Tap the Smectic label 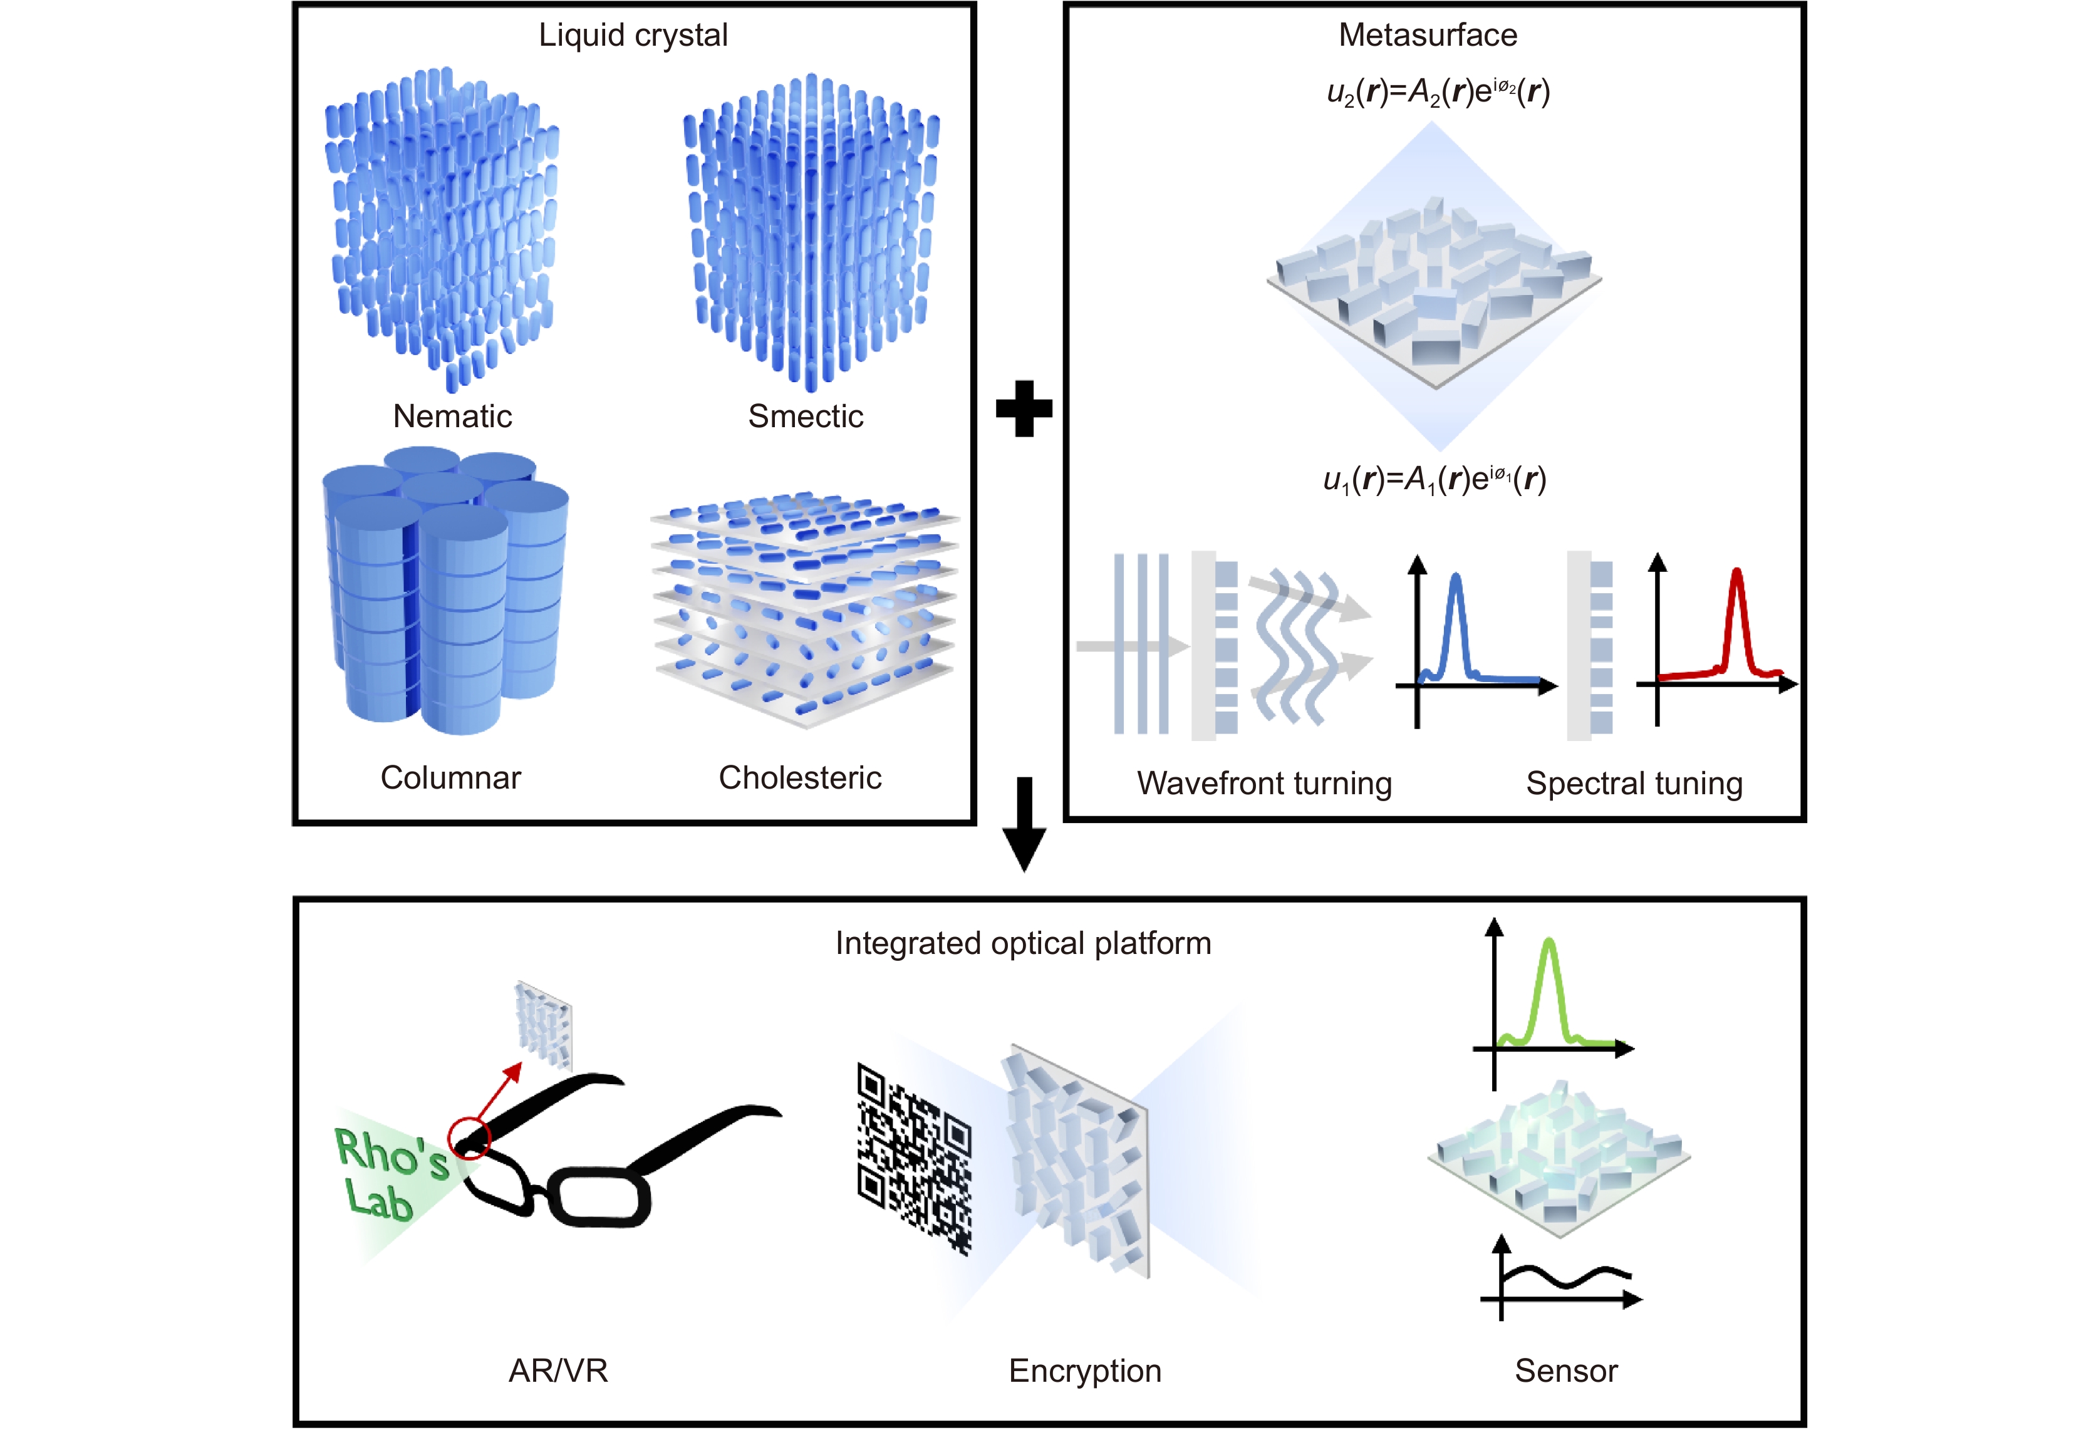(806, 417)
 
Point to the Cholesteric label (800, 777)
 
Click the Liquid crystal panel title (633, 35)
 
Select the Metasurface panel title (1428, 35)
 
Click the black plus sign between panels (1024, 408)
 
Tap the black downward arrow (1024, 825)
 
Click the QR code (913, 1159)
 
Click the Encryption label (1085, 1371)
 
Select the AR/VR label (558, 1371)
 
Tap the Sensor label (1567, 1371)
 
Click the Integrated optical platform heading (1023, 943)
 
